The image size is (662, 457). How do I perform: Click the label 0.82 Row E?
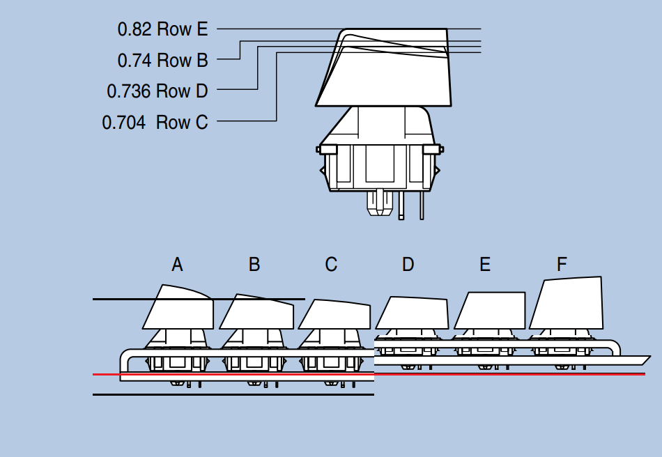(x=162, y=29)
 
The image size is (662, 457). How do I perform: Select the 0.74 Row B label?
(x=162, y=61)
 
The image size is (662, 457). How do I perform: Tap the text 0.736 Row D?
(x=157, y=91)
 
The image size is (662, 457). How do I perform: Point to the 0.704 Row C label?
(x=155, y=123)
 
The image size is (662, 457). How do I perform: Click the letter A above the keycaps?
(x=177, y=265)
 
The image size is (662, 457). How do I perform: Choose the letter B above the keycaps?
(x=254, y=265)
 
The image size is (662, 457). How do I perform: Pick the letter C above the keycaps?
(x=331, y=265)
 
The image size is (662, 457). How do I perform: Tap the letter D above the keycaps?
(x=408, y=265)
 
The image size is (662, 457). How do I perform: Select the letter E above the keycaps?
(x=485, y=265)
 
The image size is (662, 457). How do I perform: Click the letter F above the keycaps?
(x=562, y=265)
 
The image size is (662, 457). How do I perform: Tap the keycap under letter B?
(x=256, y=312)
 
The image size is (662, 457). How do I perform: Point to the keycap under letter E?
(x=490, y=311)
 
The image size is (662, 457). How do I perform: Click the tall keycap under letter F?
(x=567, y=304)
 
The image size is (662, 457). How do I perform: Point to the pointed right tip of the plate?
(x=647, y=359)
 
